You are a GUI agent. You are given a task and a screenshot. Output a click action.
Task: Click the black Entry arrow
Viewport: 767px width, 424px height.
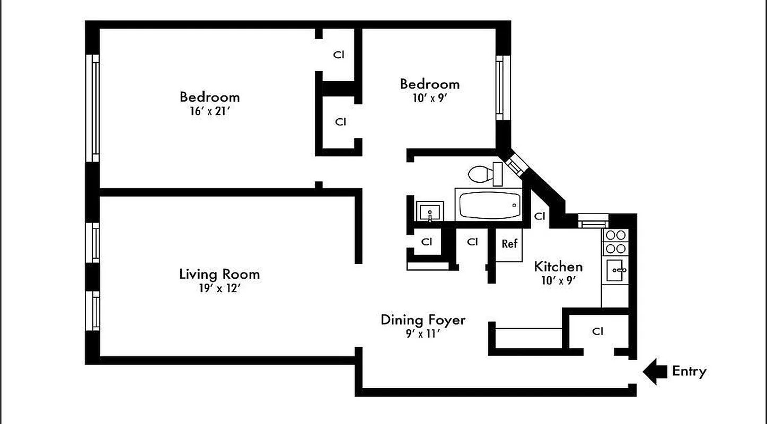(x=655, y=372)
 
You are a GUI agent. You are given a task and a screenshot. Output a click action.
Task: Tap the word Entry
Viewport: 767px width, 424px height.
(x=689, y=372)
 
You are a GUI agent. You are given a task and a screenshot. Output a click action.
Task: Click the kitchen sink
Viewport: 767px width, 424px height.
(x=616, y=270)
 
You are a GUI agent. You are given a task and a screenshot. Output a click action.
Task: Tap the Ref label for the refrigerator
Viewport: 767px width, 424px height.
(x=509, y=244)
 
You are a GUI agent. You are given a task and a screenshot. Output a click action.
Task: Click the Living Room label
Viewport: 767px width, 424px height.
(x=219, y=275)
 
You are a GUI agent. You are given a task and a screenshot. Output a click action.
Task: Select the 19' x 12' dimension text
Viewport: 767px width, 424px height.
(x=219, y=289)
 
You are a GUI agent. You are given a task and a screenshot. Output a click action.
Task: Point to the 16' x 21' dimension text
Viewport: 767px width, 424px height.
(x=209, y=112)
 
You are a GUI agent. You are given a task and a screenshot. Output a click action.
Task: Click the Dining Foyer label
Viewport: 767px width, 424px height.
(x=423, y=320)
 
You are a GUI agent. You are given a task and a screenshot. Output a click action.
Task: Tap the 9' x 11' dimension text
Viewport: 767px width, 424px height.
(x=423, y=334)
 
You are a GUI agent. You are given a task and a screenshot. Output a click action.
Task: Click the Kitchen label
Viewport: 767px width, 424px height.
(x=558, y=267)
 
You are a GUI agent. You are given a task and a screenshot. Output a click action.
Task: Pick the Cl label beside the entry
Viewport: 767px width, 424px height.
(x=598, y=332)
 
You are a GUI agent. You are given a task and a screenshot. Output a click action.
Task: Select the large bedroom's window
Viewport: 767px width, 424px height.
(x=94, y=109)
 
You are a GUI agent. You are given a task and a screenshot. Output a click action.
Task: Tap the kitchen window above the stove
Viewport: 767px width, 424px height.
(x=590, y=220)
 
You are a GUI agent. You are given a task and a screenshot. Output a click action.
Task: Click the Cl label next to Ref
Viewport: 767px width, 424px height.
(x=473, y=242)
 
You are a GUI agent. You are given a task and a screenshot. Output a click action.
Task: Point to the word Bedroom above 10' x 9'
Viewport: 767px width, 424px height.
(x=429, y=84)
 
